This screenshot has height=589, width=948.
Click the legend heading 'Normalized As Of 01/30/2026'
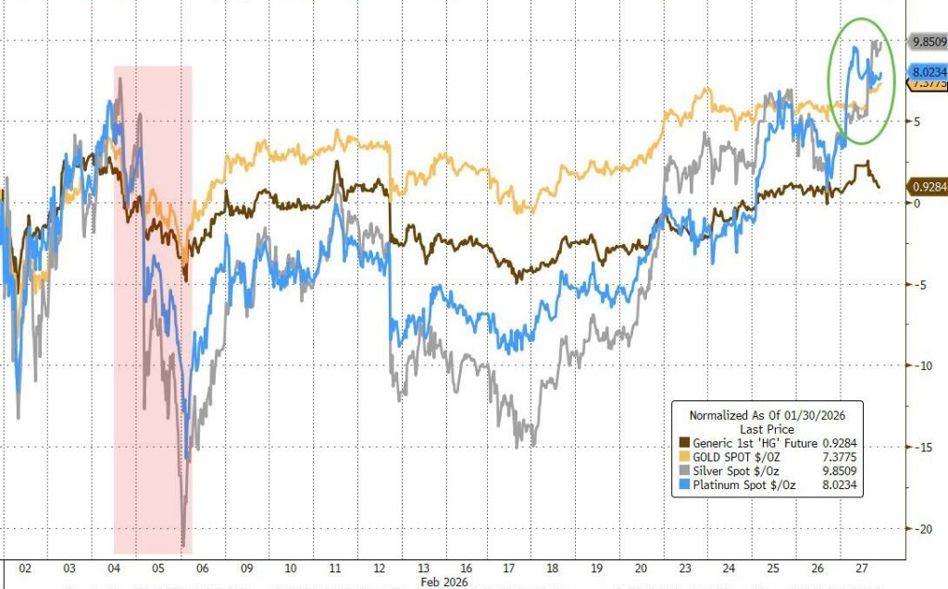[x=768, y=415]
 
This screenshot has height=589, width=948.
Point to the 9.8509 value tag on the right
[x=927, y=42]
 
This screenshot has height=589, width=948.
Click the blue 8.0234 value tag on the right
[x=927, y=71]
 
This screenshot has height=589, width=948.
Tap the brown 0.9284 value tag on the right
[x=927, y=186]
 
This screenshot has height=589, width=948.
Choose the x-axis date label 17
[x=508, y=568]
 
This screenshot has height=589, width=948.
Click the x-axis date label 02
[x=25, y=568]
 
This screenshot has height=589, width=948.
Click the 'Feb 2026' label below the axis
[x=443, y=583]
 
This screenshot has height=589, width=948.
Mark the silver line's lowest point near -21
[x=183, y=546]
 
